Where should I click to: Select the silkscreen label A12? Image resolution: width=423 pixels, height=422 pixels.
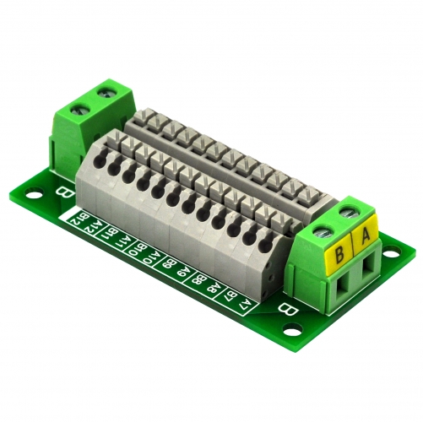98,229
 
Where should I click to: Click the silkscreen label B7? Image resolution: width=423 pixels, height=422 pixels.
230,295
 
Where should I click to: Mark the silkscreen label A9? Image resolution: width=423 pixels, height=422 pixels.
182,271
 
